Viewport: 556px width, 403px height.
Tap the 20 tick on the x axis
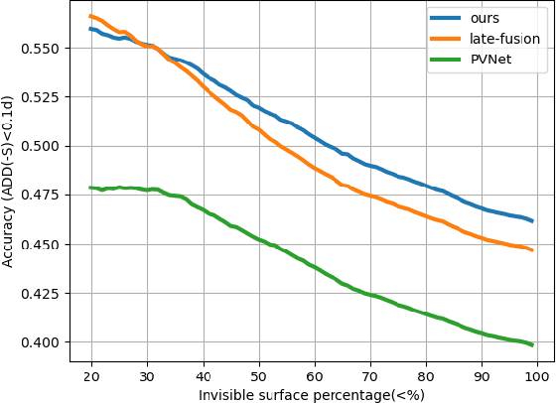91,377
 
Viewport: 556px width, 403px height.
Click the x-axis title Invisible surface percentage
313,395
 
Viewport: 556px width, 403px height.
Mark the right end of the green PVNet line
532,345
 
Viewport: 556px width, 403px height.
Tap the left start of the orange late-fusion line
90,16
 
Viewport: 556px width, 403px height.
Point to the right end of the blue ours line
532,220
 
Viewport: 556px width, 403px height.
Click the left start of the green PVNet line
90,188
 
